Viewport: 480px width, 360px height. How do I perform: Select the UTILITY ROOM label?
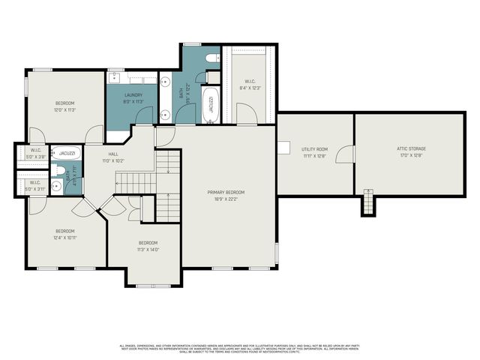pyautogui.click(x=315, y=150)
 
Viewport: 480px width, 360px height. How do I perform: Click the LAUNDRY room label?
pyautogui.click(x=133, y=95)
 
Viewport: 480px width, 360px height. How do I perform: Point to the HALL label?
pyautogui.click(x=112, y=154)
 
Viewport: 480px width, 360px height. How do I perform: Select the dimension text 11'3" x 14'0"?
pyautogui.click(x=148, y=249)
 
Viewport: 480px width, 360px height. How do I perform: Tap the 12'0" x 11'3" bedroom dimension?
pyautogui.click(x=65, y=109)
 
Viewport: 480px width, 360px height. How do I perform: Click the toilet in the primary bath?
pyautogui.click(x=211, y=58)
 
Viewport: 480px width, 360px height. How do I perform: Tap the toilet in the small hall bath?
pyautogui.click(x=58, y=169)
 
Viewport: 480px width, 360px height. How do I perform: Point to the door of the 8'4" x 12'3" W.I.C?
pyautogui.click(x=245, y=113)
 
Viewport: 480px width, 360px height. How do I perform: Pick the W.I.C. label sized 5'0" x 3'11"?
pyautogui.click(x=35, y=184)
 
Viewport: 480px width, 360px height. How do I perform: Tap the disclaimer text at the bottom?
pyautogui.click(x=240, y=347)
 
